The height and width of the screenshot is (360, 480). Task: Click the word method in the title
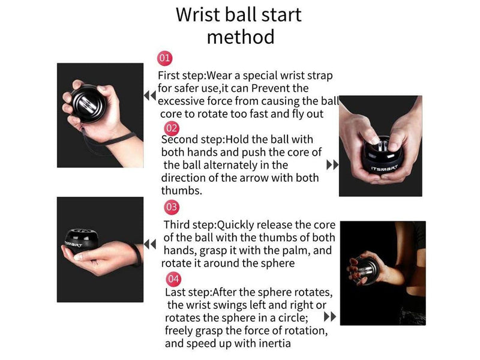pos(240,37)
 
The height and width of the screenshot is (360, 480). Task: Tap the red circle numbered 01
pos(164,59)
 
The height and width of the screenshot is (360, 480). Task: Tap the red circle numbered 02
pos(172,128)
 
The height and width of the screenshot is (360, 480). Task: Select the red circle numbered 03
pos(172,208)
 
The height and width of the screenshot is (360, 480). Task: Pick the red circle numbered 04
pos(173,278)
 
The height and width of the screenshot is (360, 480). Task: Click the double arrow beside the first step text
pos(149,95)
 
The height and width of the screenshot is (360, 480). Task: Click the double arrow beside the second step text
pos(332,164)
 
